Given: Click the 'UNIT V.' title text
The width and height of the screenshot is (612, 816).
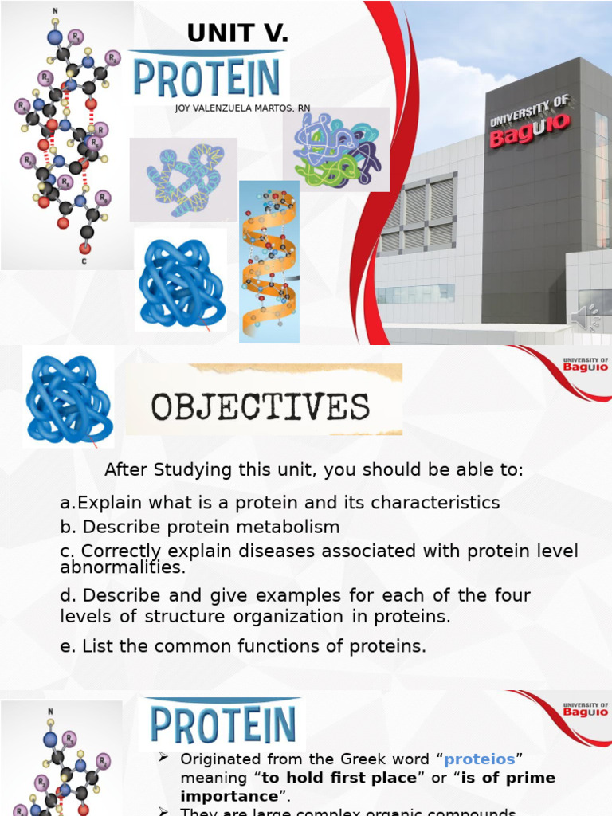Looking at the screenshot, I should point(237,33).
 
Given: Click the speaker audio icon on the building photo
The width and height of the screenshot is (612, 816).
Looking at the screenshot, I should point(588,316).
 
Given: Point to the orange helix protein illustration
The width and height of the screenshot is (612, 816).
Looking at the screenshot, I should point(269,262).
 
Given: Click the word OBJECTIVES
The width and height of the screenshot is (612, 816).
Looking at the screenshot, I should point(261,407).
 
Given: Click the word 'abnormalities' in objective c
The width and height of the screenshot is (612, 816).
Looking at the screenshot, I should point(123,568).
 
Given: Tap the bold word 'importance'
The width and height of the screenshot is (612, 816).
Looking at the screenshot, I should point(228,796).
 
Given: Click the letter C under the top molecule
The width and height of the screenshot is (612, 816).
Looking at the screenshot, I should point(84,261).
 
